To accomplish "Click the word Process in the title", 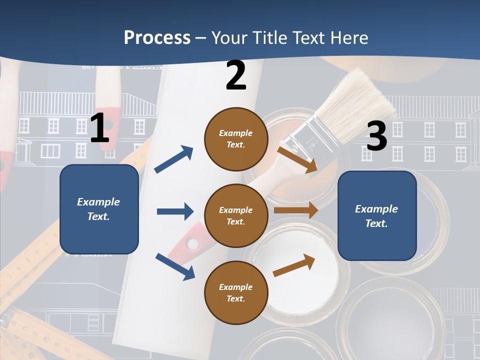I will (157, 37).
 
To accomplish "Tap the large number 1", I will (99, 128).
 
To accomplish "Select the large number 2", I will (236, 75).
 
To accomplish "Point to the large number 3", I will (377, 136).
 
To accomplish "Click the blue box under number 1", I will (99, 209).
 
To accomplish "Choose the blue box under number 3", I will (377, 216).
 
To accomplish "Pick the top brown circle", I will (236, 138).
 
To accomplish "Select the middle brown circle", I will (236, 215).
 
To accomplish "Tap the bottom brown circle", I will (236, 292).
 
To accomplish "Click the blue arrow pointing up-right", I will (174, 159).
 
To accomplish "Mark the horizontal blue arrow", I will (175, 211).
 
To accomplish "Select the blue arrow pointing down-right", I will (175, 266).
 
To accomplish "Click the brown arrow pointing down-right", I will (298, 159).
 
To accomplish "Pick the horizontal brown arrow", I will (295, 210).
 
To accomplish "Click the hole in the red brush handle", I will (192, 244).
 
